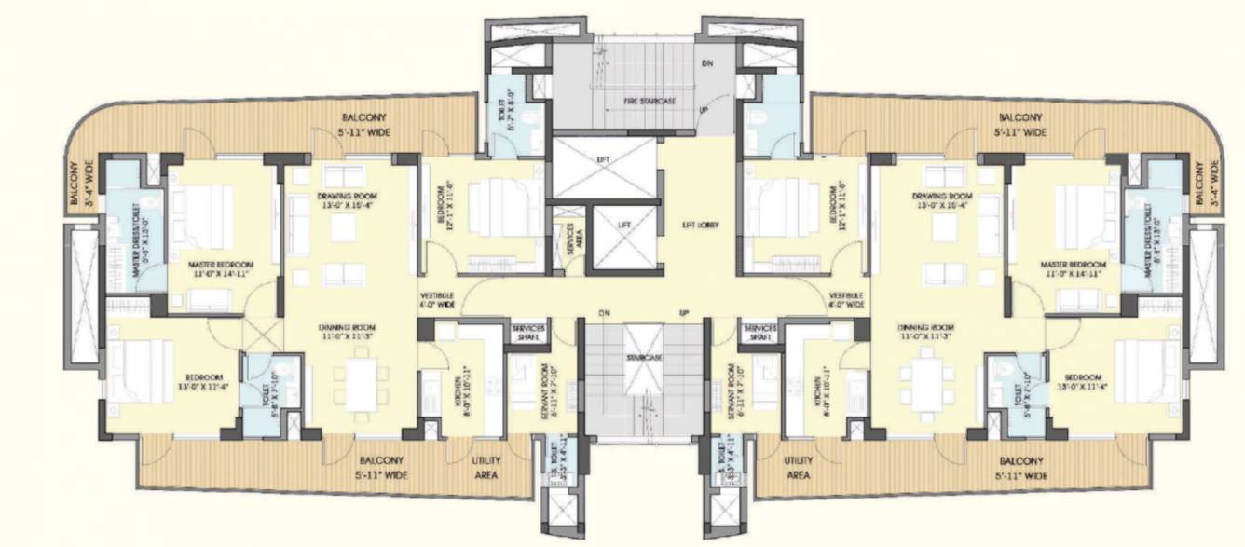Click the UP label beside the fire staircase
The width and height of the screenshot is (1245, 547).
pos(704,110)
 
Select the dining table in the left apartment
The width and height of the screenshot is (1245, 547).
pos(363,383)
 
